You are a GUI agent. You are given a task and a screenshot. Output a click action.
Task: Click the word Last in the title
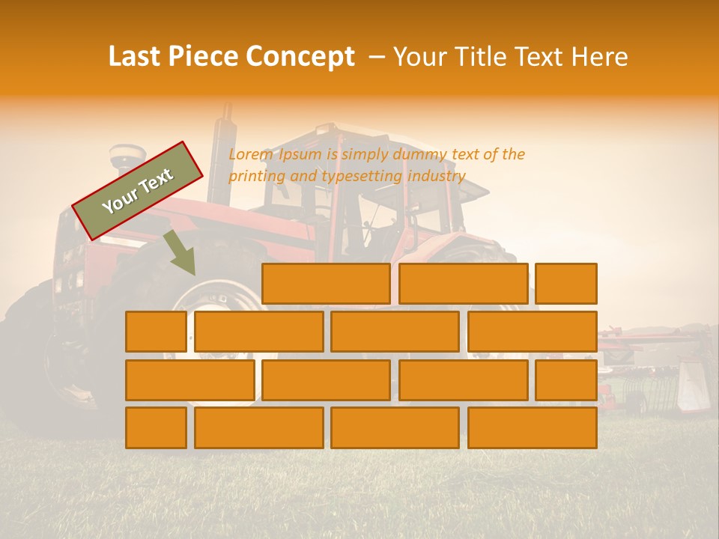tap(136, 57)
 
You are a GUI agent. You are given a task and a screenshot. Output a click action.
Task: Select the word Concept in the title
tap(300, 57)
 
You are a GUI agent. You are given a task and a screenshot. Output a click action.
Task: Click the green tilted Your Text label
tap(138, 190)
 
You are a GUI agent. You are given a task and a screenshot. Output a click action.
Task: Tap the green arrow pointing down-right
tap(180, 253)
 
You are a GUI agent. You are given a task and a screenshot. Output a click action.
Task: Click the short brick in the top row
tap(566, 284)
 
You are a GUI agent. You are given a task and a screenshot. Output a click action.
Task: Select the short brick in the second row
tap(156, 332)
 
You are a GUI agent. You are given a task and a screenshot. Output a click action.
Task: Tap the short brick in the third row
tap(566, 380)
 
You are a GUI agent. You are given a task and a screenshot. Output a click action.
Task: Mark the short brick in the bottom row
tap(156, 427)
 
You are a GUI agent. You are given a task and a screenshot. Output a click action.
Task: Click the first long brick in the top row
tap(326, 284)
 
